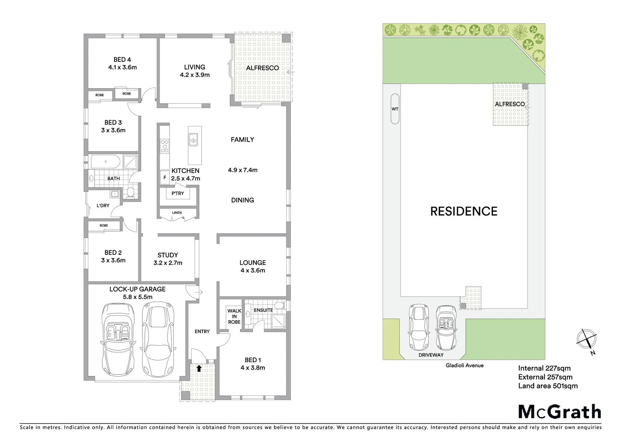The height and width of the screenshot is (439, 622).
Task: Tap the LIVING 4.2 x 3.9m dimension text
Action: (x=195, y=75)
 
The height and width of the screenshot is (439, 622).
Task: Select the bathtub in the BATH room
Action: (x=105, y=162)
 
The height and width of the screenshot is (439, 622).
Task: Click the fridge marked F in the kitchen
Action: (x=165, y=177)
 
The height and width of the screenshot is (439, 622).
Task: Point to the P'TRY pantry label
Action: (x=177, y=193)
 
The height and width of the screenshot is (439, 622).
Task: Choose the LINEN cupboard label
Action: (x=177, y=213)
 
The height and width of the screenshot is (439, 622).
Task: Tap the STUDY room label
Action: (x=168, y=255)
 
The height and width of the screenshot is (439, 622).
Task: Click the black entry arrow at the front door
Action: (x=199, y=368)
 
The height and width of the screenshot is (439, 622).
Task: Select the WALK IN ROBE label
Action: (x=234, y=316)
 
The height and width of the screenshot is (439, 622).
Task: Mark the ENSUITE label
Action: (x=263, y=310)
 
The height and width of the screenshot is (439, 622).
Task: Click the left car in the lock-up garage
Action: (x=118, y=339)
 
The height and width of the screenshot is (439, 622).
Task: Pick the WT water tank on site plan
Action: (x=394, y=109)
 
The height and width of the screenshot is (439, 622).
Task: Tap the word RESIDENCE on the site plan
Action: (x=464, y=211)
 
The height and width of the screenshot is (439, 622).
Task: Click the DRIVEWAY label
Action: (x=431, y=355)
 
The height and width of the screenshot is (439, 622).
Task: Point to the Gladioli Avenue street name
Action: (x=464, y=365)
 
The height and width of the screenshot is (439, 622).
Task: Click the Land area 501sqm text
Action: (x=548, y=386)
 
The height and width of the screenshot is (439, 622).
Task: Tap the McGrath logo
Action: (x=559, y=412)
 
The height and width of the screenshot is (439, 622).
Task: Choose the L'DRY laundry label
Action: (x=103, y=206)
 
